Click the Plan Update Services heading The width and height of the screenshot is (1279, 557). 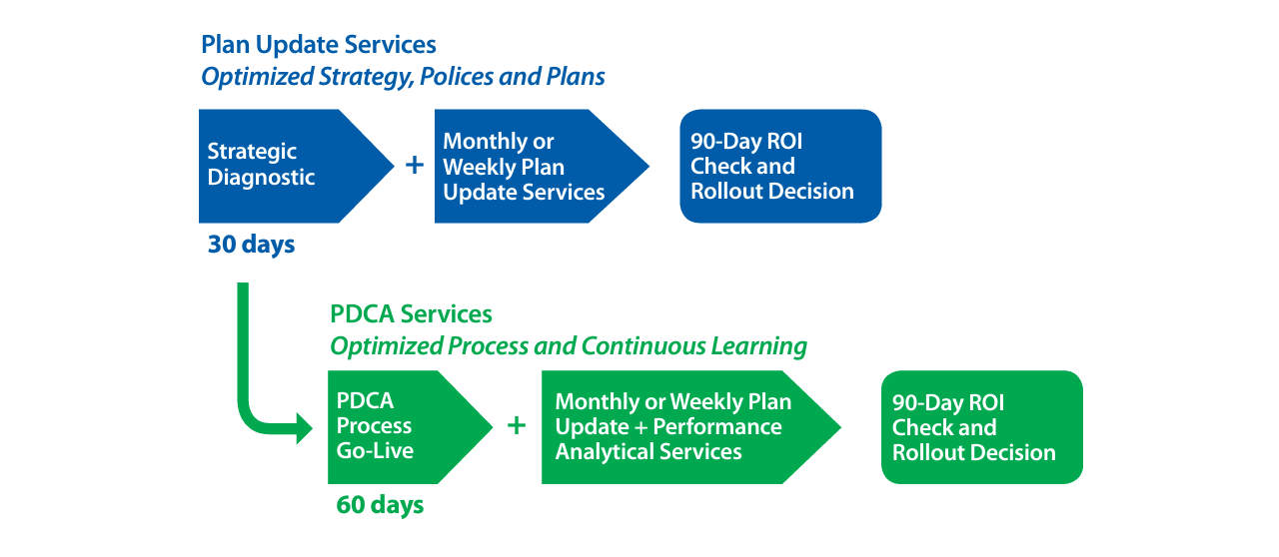pyautogui.click(x=319, y=45)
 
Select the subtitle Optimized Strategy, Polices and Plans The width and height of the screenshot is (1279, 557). pyautogui.click(x=403, y=77)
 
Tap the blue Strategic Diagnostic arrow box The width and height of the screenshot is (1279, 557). pyautogui.click(x=297, y=166)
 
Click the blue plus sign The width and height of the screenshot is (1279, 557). pyautogui.click(x=415, y=165)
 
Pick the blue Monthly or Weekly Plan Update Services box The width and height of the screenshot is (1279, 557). pyautogui.click(x=542, y=166)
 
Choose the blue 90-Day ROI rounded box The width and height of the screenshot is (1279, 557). pyautogui.click(x=780, y=166)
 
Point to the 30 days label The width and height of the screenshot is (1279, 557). pyautogui.click(x=251, y=245)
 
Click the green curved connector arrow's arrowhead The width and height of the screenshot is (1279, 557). pyautogui.click(x=305, y=428)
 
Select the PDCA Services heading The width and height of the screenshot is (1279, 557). pyautogui.click(x=411, y=314)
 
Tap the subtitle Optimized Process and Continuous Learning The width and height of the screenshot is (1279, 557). pyautogui.click(x=569, y=346)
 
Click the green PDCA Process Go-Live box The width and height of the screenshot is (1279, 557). pyautogui.click(x=410, y=427)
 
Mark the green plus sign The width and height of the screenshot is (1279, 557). pyautogui.click(x=517, y=426)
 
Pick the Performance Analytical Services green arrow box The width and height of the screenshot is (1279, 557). pyautogui.click(x=691, y=427)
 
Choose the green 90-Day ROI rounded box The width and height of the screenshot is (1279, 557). pyautogui.click(x=982, y=427)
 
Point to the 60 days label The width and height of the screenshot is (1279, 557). pyautogui.click(x=381, y=506)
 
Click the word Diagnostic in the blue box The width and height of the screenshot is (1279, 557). pyautogui.click(x=261, y=178)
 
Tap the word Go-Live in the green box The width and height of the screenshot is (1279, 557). pyautogui.click(x=375, y=451)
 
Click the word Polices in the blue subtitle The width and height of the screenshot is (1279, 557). pyautogui.click(x=457, y=77)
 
